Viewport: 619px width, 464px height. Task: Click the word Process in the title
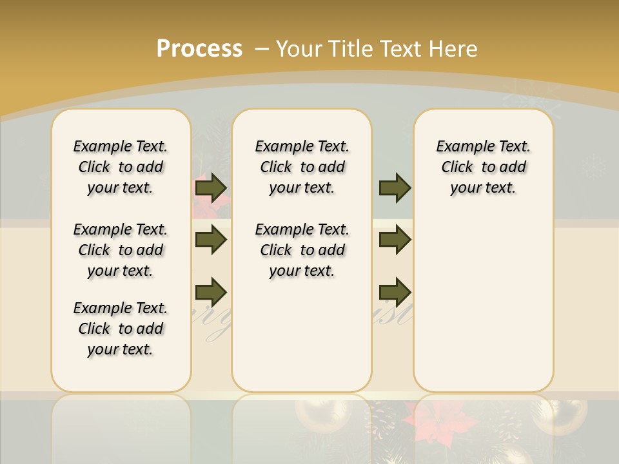[199, 49]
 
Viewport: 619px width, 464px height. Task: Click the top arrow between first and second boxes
[211, 188]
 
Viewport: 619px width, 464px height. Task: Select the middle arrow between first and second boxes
[211, 240]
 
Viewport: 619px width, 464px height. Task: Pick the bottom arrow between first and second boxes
[211, 292]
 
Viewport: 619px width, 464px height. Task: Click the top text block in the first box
[121, 167]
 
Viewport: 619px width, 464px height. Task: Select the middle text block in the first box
[121, 250]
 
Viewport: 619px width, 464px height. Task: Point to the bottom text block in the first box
[121, 329]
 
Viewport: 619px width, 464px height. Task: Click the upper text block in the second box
[302, 167]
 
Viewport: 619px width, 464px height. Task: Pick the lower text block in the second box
[302, 250]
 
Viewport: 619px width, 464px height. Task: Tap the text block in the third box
[484, 167]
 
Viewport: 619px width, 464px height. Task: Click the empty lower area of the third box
[484, 303]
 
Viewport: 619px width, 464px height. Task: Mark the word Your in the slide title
[300, 49]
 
